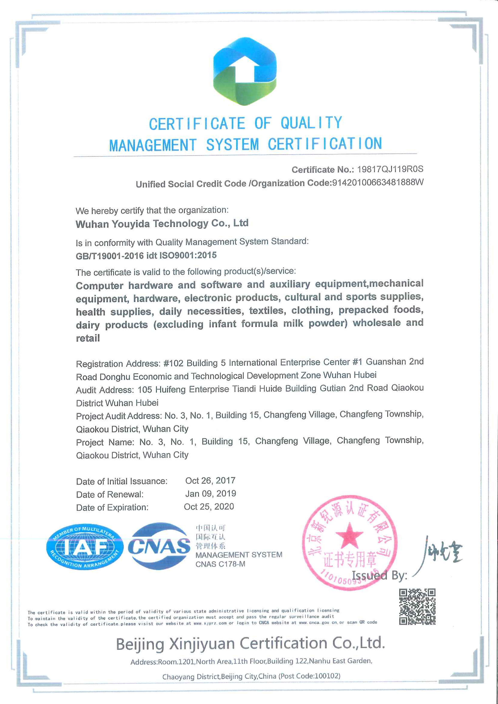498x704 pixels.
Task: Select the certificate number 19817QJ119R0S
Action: (x=390, y=169)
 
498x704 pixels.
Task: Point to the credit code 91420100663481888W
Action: (x=378, y=183)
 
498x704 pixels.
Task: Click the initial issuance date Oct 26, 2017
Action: (x=210, y=480)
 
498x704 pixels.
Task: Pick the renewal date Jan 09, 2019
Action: (x=210, y=494)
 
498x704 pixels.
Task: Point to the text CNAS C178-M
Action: (x=220, y=564)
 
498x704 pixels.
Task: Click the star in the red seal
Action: (x=349, y=535)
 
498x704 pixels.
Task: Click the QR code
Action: (x=417, y=607)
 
